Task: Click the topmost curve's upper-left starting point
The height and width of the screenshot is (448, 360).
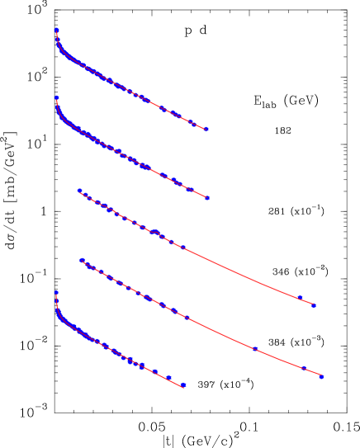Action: [x=56, y=31]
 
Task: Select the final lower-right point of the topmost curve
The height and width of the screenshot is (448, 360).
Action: [x=206, y=130]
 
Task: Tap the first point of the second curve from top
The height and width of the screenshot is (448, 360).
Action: [x=56, y=98]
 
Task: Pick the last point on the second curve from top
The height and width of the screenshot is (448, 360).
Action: [x=207, y=198]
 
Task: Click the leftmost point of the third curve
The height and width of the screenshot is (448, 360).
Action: [x=79, y=191]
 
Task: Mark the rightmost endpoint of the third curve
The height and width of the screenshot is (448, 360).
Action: [x=314, y=305]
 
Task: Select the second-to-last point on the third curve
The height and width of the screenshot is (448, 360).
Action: [x=300, y=298]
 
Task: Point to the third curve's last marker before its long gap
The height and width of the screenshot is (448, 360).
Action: [x=183, y=248]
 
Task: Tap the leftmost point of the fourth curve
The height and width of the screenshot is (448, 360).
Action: [x=81, y=260]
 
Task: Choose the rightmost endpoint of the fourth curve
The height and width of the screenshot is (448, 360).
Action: [x=321, y=377]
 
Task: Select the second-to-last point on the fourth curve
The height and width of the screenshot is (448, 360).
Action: [x=305, y=368]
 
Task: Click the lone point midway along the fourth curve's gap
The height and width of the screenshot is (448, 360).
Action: [x=254, y=348]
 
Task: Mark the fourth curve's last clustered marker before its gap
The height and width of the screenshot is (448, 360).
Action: [x=187, y=318]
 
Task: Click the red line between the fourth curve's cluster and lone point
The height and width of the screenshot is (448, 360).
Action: [x=221, y=333]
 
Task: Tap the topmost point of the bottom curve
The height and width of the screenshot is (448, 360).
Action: [x=56, y=292]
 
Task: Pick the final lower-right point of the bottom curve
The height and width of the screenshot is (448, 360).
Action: [x=183, y=385]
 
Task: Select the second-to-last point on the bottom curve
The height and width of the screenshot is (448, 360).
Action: [x=168, y=377]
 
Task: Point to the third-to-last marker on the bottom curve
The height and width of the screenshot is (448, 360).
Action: [x=155, y=371]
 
